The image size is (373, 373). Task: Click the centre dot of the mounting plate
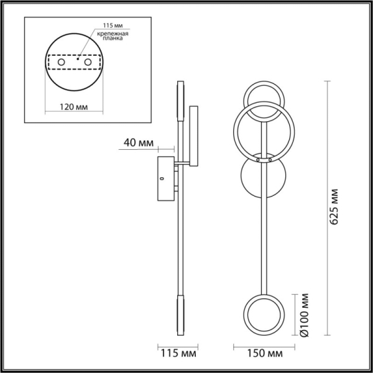[x=78, y=58]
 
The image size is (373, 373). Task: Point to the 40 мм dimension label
[x=138, y=142]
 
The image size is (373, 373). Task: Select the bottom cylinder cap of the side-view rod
[x=182, y=314]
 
